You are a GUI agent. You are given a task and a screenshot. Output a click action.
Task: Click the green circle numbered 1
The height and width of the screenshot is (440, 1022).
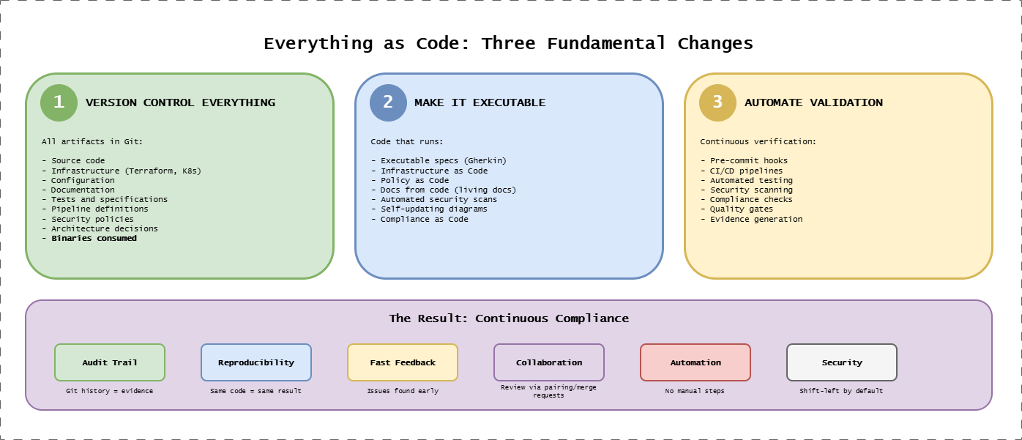(x=59, y=102)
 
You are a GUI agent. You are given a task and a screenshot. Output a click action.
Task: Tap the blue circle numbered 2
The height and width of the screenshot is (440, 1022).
(x=388, y=102)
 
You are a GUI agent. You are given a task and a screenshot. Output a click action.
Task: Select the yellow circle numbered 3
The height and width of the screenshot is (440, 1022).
(x=717, y=102)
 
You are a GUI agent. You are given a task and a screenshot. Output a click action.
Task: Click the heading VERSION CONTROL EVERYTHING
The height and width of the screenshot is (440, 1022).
(x=180, y=102)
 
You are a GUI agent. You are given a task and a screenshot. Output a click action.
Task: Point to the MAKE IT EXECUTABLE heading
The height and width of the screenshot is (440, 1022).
(x=480, y=102)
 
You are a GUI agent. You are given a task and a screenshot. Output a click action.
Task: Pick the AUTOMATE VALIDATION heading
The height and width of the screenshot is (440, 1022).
(x=813, y=102)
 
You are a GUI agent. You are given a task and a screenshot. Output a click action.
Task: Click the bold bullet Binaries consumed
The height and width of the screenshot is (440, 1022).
(x=94, y=238)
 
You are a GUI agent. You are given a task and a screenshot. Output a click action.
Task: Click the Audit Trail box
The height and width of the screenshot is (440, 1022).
(x=110, y=362)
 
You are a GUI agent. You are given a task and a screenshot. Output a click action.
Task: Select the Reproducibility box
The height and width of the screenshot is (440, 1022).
(x=256, y=362)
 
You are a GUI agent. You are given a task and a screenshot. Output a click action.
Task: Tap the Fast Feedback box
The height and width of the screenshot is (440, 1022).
(x=403, y=362)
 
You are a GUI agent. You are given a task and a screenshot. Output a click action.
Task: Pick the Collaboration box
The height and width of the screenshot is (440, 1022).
(x=549, y=362)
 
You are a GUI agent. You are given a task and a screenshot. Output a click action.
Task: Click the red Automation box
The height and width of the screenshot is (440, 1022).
(x=695, y=362)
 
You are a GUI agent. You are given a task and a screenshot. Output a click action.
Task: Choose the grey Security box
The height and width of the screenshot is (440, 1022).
(x=842, y=362)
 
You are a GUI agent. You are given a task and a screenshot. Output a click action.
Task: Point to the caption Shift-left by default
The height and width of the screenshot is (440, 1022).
(x=841, y=391)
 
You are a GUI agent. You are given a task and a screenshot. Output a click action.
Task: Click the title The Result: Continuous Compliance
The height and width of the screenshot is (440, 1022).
(x=509, y=318)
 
